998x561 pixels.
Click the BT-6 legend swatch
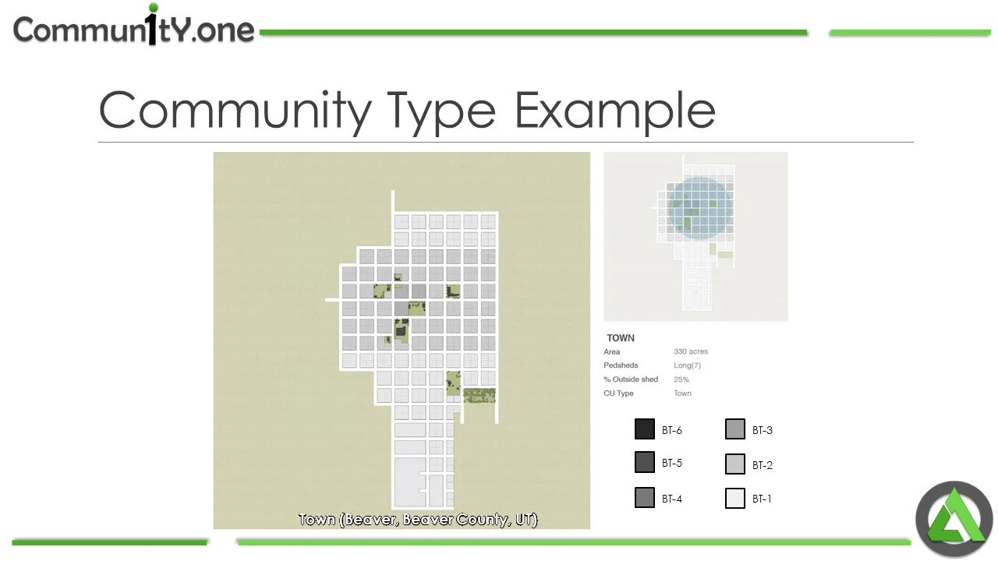pyautogui.click(x=645, y=429)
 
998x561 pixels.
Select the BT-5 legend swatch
pyautogui.click(x=645, y=462)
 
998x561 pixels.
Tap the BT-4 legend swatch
pyautogui.click(x=645, y=498)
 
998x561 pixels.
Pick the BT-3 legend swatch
pyautogui.click(x=735, y=429)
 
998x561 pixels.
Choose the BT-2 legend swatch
pyautogui.click(x=735, y=464)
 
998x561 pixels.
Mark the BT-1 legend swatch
pyautogui.click(x=735, y=498)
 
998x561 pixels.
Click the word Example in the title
pyautogui.click(x=614, y=111)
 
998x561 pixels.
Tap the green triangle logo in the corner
pyautogui.click(x=954, y=519)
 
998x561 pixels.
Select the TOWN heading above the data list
pyautogui.click(x=621, y=338)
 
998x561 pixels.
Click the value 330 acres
pyautogui.click(x=691, y=351)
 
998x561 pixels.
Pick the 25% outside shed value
pyautogui.click(x=681, y=379)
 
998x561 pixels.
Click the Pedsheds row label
pyautogui.click(x=621, y=365)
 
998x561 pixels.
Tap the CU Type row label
pyautogui.click(x=618, y=393)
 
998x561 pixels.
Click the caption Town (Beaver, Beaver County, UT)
pyautogui.click(x=418, y=520)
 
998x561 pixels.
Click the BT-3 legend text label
pyautogui.click(x=763, y=430)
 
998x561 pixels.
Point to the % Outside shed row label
pyautogui.click(x=631, y=379)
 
